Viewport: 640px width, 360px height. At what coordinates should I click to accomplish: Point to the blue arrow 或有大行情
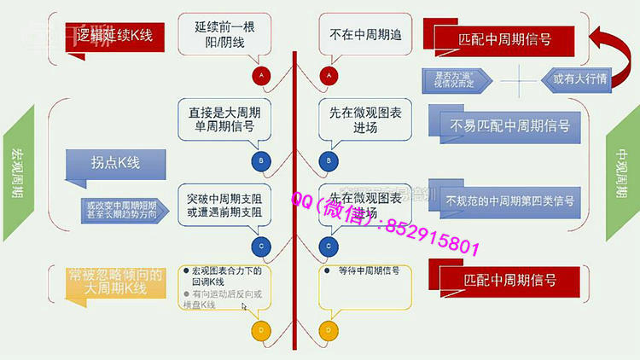574,78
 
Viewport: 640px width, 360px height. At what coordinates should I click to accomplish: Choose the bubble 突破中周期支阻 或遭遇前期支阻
224,205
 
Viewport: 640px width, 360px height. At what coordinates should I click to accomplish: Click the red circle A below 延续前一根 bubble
261,76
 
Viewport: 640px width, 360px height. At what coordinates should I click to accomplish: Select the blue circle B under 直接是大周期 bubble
261,160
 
